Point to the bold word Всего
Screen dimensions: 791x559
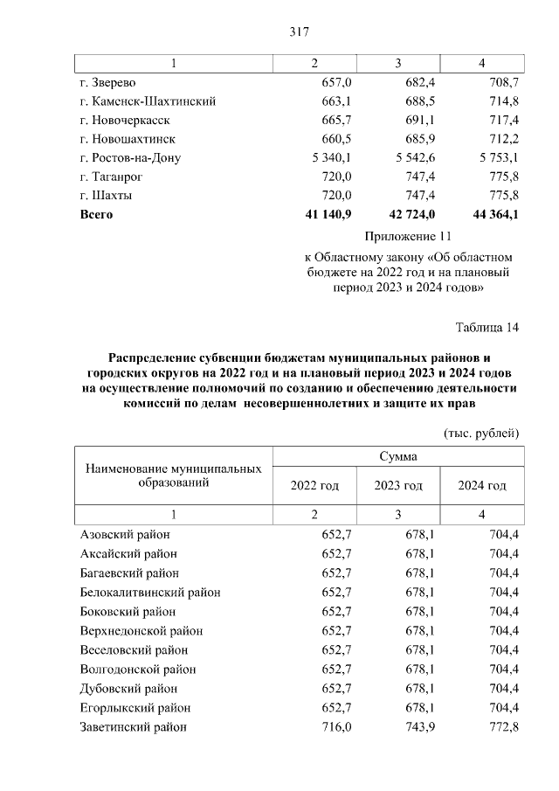coord(96,214)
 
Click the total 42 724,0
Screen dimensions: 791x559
coord(410,214)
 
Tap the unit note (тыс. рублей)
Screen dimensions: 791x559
coord(481,433)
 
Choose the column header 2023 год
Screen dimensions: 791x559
coord(398,485)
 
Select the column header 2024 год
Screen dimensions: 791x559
coord(482,485)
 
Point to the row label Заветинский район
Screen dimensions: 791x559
coord(133,727)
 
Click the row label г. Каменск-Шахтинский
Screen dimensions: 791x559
coord(148,101)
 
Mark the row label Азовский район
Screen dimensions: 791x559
coord(124,535)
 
